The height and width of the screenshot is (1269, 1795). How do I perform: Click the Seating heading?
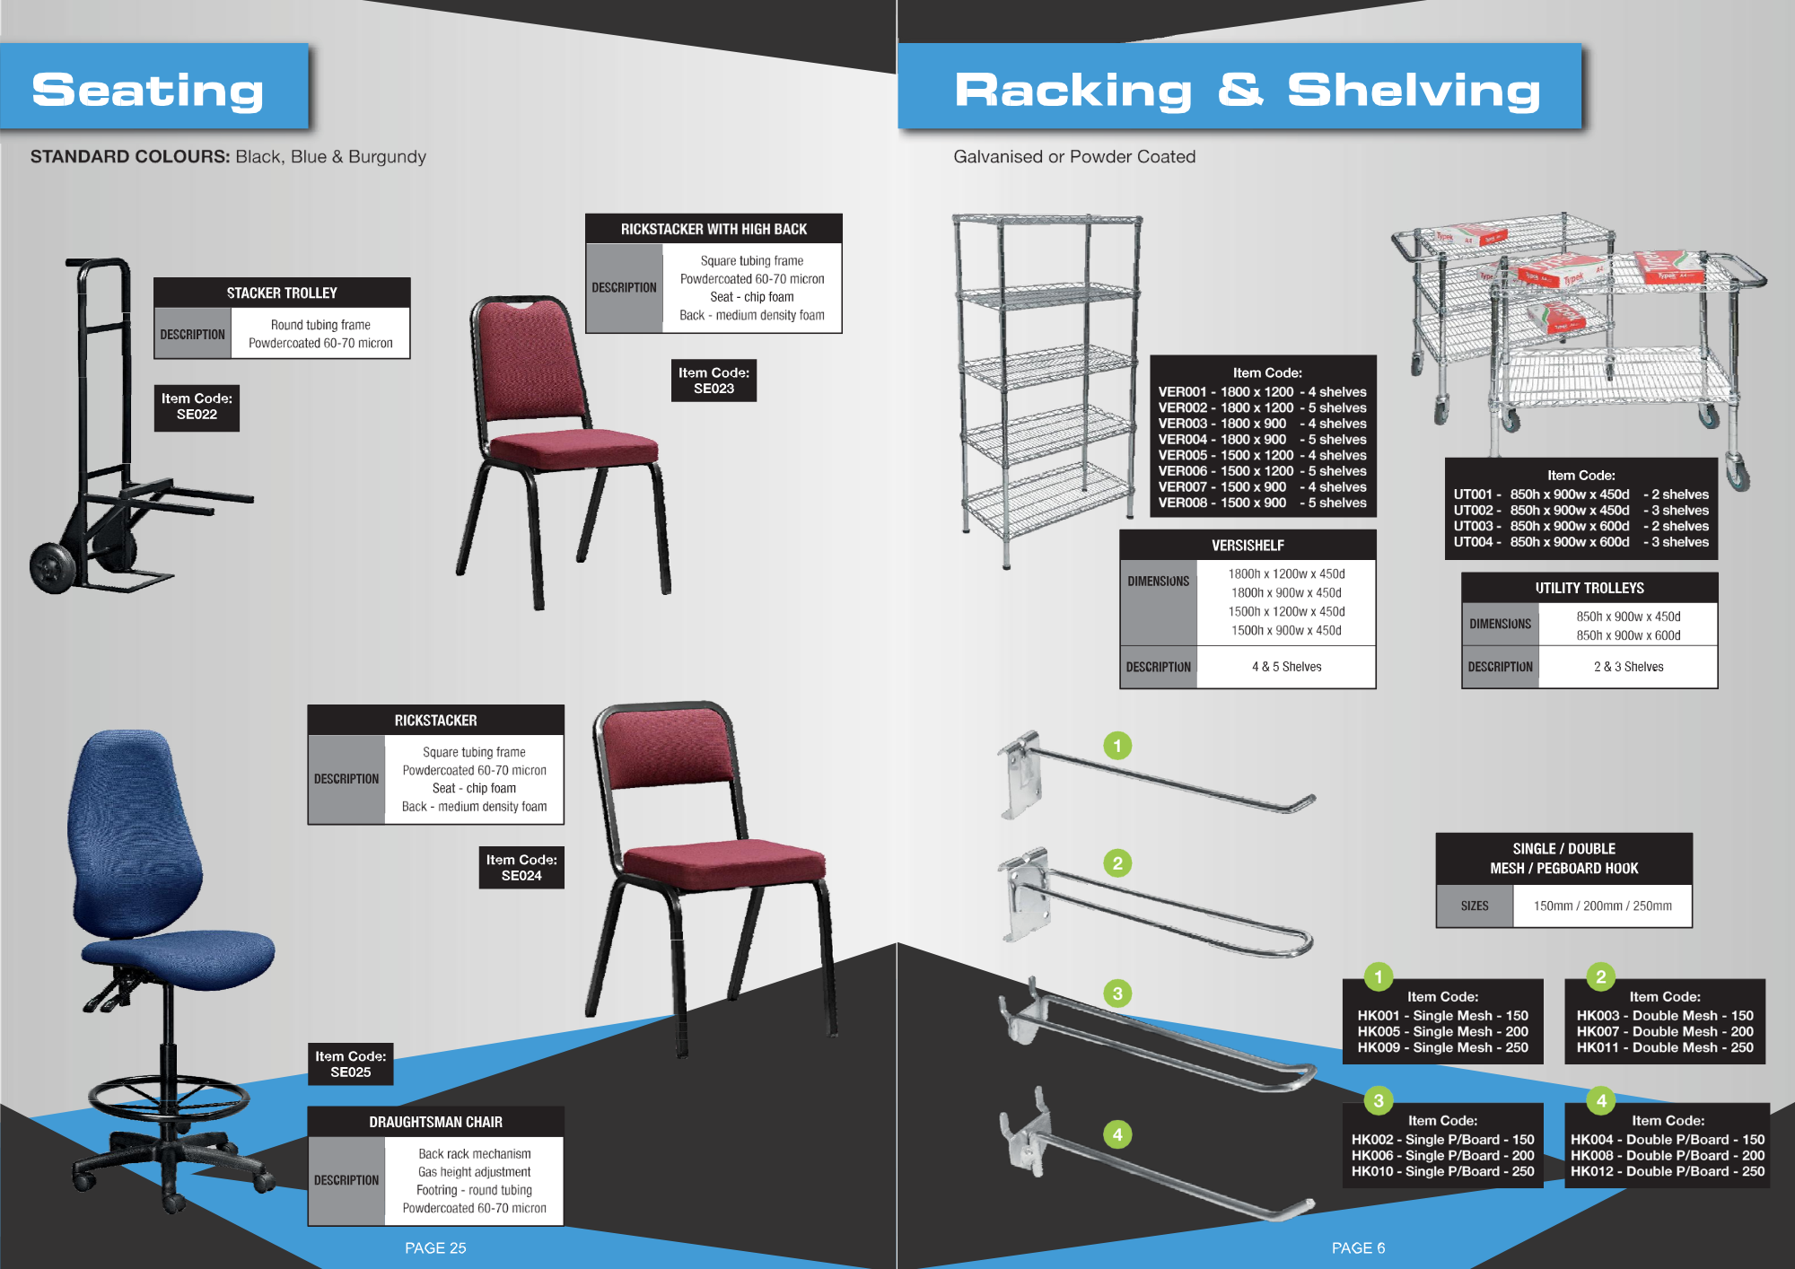coord(148,90)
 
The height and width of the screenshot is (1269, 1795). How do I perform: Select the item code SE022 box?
coord(197,407)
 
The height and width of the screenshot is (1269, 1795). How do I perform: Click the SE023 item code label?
coord(714,381)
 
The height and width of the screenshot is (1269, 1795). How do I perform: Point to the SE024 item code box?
coord(521,868)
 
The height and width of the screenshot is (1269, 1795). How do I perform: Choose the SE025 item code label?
coord(350,1064)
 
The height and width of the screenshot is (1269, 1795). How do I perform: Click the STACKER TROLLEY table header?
coord(282,293)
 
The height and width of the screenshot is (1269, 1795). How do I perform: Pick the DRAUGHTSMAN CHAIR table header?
coord(435,1122)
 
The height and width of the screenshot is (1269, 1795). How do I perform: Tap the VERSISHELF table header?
coord(1248,546)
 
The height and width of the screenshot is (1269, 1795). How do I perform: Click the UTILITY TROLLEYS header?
coord(1589,588)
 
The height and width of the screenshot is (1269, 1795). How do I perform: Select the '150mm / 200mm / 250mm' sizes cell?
coord(1602,906)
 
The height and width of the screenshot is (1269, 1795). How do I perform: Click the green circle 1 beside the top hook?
coord(1117,746)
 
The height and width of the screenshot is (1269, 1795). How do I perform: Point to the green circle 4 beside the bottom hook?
coord(1117,1134)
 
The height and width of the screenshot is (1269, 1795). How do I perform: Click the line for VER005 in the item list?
coord(1262,455)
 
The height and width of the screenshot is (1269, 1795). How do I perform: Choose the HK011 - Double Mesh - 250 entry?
coord(1665,1047)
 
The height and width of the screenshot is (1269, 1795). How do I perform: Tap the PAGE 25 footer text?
coord(435,1247)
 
